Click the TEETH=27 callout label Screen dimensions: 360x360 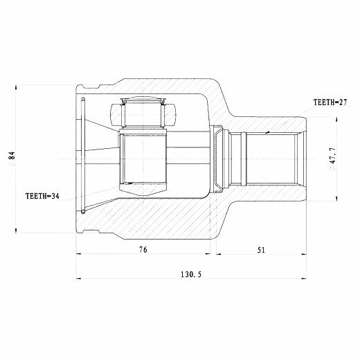[330, 102]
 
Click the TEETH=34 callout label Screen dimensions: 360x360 [42, 196]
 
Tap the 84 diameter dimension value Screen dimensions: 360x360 [12, 155]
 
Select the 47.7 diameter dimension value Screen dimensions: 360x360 [333, 155]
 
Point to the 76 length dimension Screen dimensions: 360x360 [143, 250]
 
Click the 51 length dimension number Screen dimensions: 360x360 [261, 250]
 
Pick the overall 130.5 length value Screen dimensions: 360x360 [191, 274]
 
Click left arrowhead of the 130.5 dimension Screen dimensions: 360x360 [79, 278]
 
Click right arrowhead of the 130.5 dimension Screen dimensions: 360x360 [304, 278]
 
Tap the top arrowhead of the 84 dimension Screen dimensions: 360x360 [16, 87]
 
